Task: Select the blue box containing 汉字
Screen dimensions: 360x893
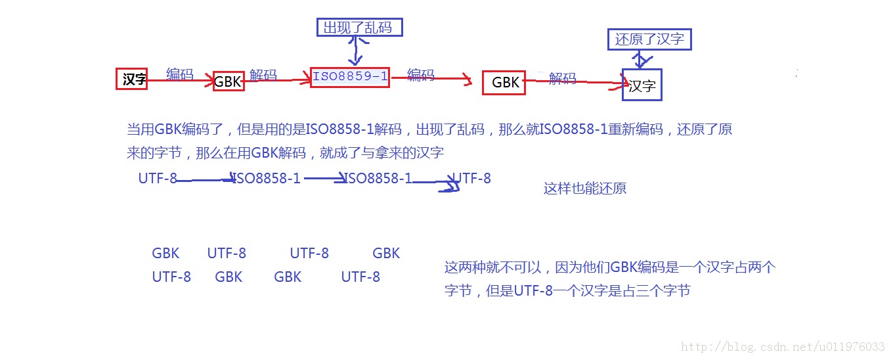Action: click(x=642, y=85)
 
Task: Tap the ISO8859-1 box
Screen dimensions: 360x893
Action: click(x=350, y=76)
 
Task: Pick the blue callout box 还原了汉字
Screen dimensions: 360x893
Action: click(x=649, y=39)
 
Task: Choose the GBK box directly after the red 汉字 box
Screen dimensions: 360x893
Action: click(x=229, y=81)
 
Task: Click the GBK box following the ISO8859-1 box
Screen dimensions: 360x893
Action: click(x=504, y=82)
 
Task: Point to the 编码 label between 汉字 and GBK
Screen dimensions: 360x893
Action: click(x=180, y=74)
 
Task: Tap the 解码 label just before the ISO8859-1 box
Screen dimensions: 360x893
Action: click(x=263, y=75)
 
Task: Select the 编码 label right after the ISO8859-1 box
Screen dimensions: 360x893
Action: click(x=420, y=75)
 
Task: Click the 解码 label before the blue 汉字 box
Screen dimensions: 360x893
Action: click(x=562, y=79)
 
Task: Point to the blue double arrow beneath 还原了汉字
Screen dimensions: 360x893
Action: click(x=642, y=60)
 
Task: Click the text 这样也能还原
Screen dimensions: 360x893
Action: click(x=584, y=189)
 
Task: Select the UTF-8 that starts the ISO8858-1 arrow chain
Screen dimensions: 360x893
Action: click(x=158, y=178)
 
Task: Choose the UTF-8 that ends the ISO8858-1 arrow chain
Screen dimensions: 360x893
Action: click(x=471, y=178)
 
